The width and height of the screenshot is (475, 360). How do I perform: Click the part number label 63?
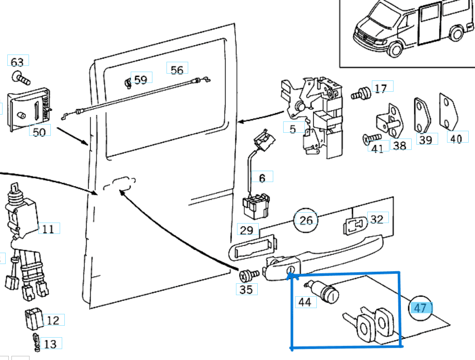click(x=17, y=62)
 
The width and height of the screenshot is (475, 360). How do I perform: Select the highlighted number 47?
click(x=421, y=308)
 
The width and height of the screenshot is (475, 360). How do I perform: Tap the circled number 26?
click(x=306, y=220)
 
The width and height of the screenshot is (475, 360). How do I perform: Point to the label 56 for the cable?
click(x=177, y=70)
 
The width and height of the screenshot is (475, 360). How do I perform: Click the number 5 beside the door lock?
click(x=293, y=128)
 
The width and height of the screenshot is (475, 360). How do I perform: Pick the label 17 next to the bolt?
click(x=380, y=88)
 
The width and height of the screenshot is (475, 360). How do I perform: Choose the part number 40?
click(x=456, y=139)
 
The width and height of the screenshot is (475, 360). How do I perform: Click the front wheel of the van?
click(x=395, y=50)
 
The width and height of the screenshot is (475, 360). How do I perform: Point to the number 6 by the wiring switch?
click(x=262, y=178)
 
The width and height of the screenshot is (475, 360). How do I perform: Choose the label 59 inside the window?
click(x=140, y=79)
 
